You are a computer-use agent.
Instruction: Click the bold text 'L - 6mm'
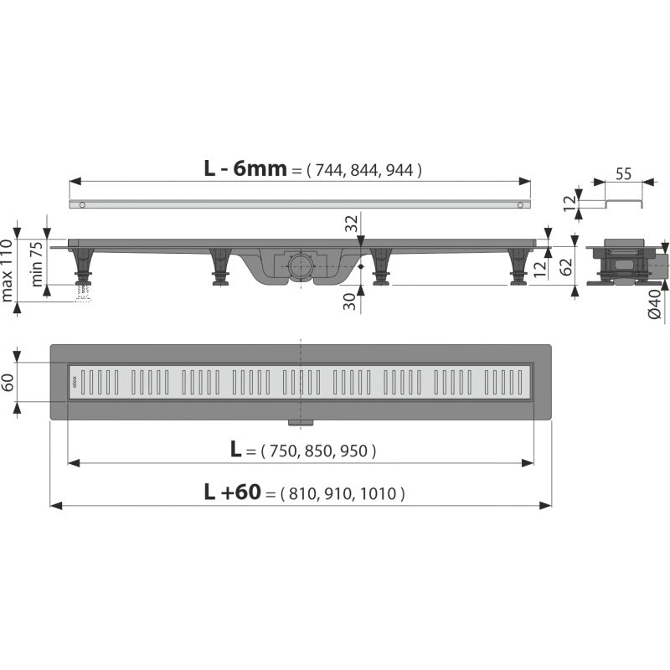pos(245,169)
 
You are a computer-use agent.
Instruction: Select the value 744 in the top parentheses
pos(329,171)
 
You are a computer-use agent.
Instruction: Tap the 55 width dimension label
pos(623,174)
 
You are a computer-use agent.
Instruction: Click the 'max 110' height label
pos(8,270)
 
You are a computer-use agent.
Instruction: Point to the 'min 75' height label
pos(37,264)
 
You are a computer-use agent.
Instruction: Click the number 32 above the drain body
pos(352,224)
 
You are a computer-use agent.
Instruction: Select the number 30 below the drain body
pos(349,301)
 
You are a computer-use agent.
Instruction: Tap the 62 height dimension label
pos(566,267)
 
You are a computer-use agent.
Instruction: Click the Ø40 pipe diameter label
pos(655,304)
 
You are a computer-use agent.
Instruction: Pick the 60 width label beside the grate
pos(8,383)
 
